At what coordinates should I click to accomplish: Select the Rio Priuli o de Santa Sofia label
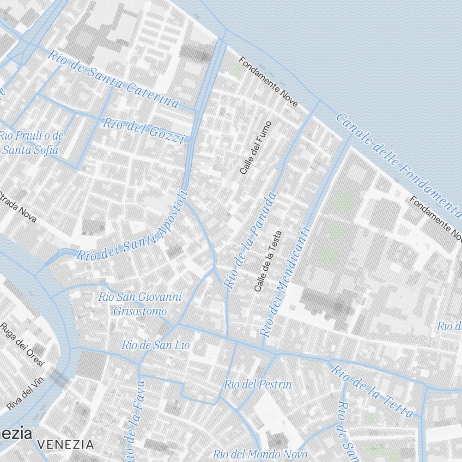pyautogui.click(x=31, y=143)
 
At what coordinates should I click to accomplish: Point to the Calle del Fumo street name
pyautogui.click(x=257, y=147)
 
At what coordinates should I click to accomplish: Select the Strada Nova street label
pyautogui.click(x=18, y=206)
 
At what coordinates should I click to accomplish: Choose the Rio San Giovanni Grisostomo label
pyautogui.click(x=140, y=304)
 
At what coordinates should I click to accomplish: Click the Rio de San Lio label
pyautogui.click(x=155, y=345)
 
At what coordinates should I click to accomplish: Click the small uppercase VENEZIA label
pyautogui.click(x=66, y=445)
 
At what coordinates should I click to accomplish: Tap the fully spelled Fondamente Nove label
pyautogui.click(x=268, y=82)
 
